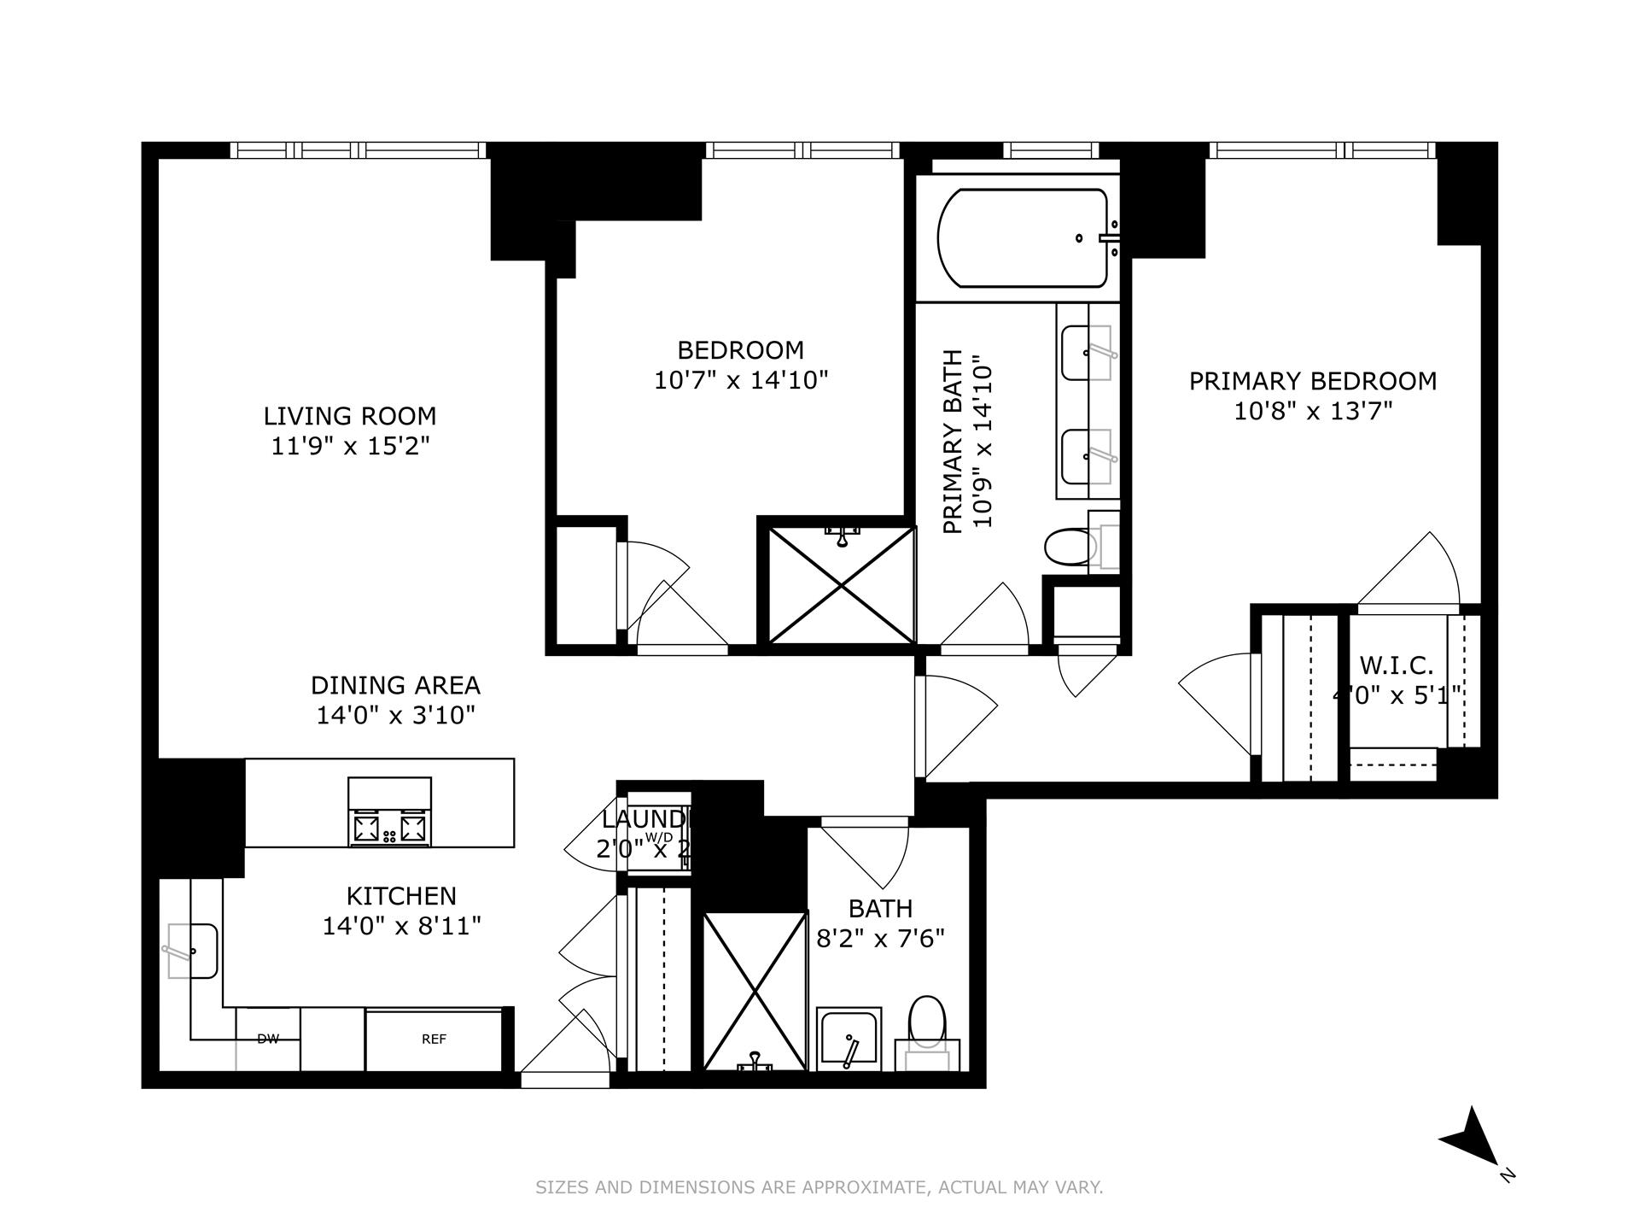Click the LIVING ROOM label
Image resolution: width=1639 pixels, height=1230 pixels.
click(349, 416)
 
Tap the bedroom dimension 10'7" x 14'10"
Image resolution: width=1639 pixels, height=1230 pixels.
click(741, 380)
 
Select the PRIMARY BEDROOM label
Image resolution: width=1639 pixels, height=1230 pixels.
click(1312, 381)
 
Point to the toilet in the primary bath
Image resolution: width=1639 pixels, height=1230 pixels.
click(1067, 547)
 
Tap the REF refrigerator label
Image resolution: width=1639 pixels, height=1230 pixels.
click(434, 1040)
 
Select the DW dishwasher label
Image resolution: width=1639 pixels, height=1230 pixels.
click(268, 1040)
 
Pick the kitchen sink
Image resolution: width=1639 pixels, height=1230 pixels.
click(192, 950)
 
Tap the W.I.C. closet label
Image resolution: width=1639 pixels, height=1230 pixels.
click(1397, 665)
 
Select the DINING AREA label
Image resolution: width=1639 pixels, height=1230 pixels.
click(395, 685)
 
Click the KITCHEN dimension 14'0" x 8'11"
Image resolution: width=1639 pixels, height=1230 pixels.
click(401, 926)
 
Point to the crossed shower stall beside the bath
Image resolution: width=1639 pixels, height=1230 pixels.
click(755, 991)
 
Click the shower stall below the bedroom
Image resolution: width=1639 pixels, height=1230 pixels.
click(842, 585)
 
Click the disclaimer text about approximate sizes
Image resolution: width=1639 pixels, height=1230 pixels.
click(819, 1187)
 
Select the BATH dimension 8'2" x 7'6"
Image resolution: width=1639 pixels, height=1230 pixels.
click(880, 940)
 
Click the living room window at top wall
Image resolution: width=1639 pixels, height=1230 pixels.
click(359, 150)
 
